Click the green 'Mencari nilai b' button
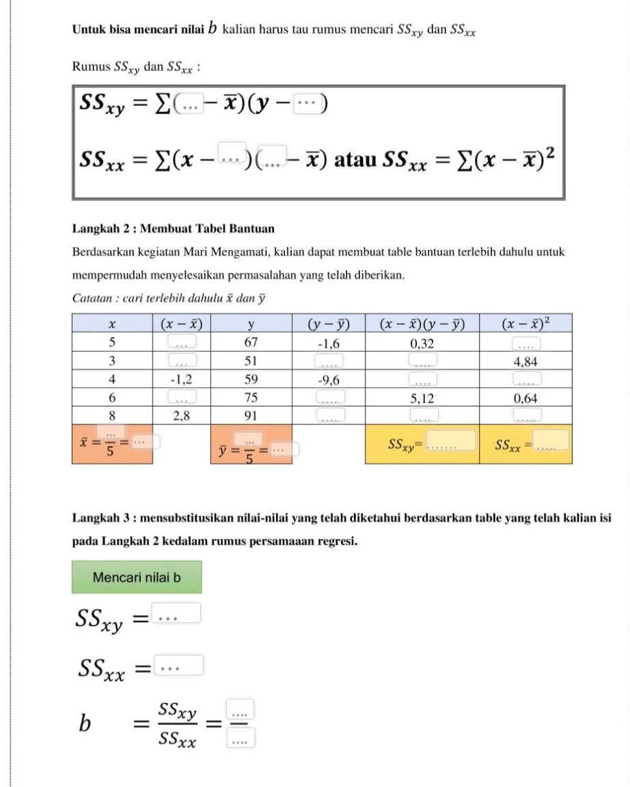point(137,577)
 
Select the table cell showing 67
point(251,342)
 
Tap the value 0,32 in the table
point(422,342)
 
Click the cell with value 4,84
point(525,360)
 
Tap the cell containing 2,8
point(182,415)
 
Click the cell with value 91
point(251,415)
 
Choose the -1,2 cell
point(182,378)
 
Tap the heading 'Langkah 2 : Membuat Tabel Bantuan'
point(173,228)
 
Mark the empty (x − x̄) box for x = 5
point(182,342)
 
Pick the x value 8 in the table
point(111,415)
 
